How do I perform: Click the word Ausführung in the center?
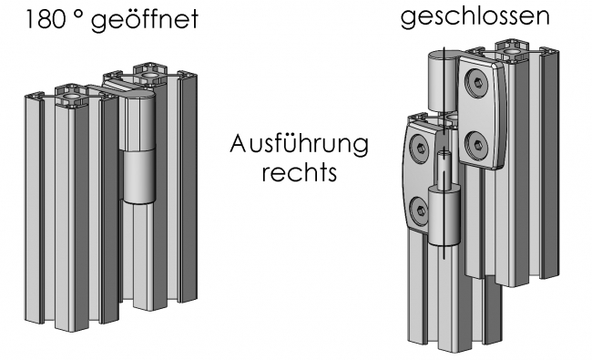click(x=301, y=145)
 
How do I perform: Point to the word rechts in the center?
click(x=300, y=172)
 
